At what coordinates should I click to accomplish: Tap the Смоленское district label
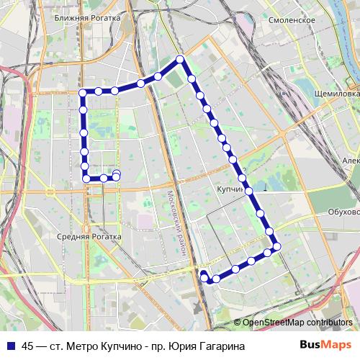point(292,20)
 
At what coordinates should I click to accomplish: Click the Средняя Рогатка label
point(90,236)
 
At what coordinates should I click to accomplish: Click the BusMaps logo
point(325,346)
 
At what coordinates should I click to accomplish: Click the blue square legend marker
point(10,346)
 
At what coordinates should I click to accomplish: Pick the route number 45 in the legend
point(27,346)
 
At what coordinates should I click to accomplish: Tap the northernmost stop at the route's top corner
point(181,59)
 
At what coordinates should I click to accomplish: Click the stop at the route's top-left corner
point(83,92)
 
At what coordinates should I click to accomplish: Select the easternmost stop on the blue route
point(276,247)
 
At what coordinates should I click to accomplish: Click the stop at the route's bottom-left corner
point(86,178)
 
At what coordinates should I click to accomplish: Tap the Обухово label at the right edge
point(344,212)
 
